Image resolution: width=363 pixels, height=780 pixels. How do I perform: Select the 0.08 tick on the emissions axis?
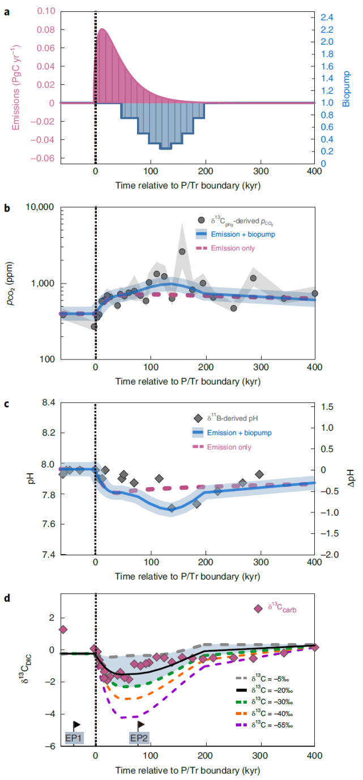pos(45,29)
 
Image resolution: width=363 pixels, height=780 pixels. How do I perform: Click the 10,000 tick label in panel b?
pos(40,207)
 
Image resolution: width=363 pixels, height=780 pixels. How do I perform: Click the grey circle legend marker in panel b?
pos(201,221)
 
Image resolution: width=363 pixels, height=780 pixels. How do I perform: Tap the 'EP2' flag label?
pos(138,738)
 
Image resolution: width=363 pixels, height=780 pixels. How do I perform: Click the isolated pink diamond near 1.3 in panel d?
pos(63,629)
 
